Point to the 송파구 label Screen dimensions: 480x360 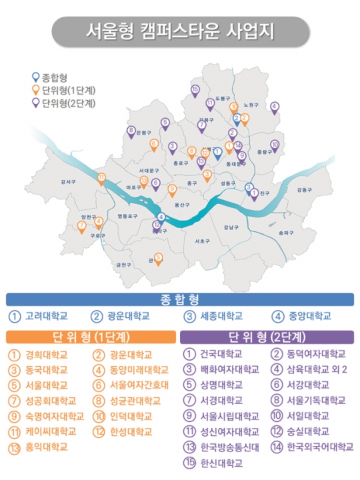[286, 232]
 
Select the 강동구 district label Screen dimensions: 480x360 [304, 190]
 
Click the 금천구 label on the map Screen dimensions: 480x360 [123, 265]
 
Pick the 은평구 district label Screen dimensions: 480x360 [144, 133]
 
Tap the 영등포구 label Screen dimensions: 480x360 [127, 216]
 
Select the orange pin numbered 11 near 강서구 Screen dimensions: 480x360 [101, 177]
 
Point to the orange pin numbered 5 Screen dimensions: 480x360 [158, 257]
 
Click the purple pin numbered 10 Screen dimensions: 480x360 [275, 145]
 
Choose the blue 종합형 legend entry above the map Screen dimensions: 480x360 [52, 77]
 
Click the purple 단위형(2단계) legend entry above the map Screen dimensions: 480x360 [63, 103]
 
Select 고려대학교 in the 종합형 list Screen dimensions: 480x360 [42, 316]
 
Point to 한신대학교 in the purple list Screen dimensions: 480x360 [215, 462]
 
